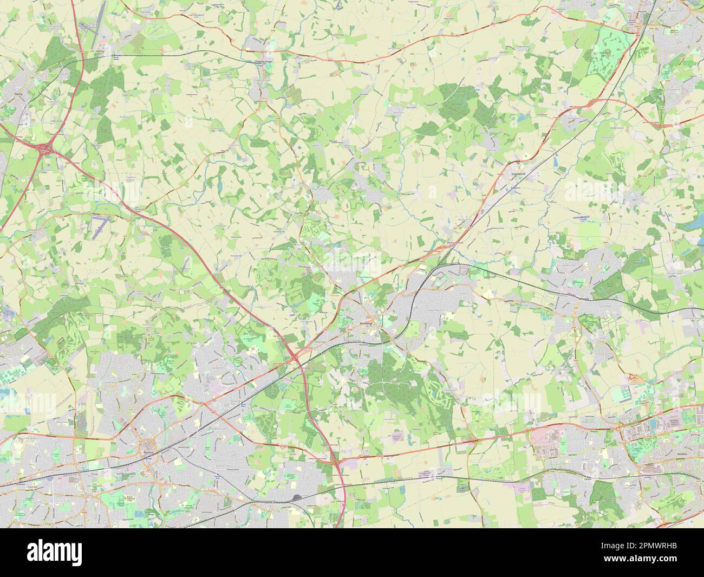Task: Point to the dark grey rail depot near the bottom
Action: point(297,497)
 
